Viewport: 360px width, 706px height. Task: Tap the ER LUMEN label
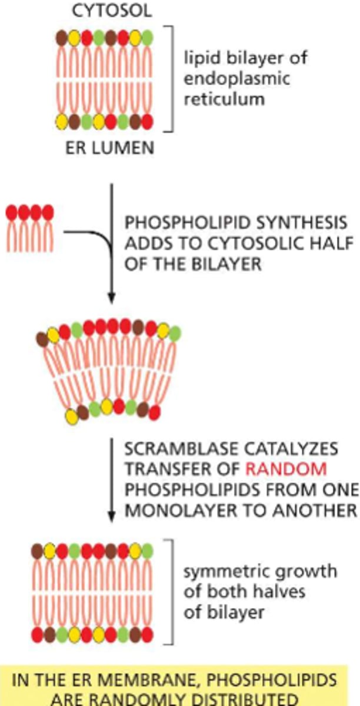coord(109,147)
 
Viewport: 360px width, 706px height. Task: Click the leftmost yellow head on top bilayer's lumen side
coord(61,123)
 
